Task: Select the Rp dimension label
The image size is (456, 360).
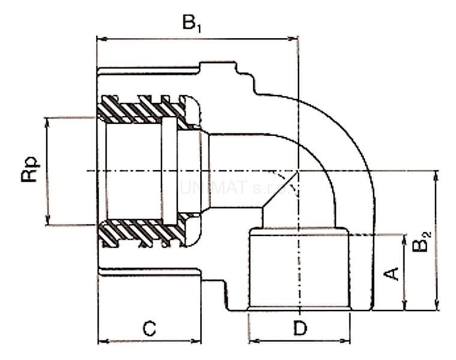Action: point(30,170)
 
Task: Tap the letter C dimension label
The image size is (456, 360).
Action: point(149,328)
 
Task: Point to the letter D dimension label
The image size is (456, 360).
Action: point(299,328)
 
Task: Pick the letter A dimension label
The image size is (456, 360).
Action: point(391,274)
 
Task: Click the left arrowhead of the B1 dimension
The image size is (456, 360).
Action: point(101,39)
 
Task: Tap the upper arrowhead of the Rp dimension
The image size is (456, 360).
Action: point(47,121)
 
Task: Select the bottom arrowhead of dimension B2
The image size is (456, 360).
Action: point(436,307)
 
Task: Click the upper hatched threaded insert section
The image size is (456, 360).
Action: point(144,109)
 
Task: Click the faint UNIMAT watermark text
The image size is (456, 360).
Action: point(237,187)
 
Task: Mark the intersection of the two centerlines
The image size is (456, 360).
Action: point(298,170)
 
